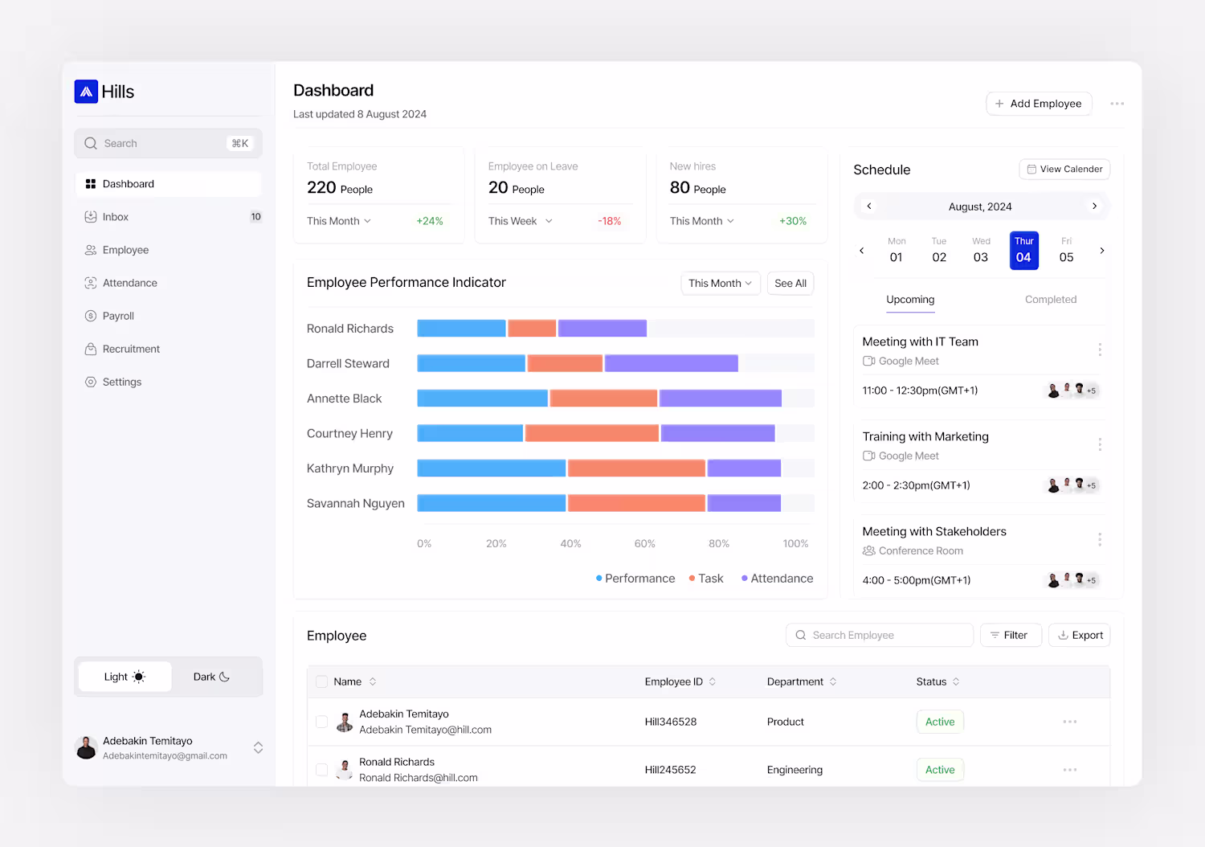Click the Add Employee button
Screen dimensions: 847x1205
[1039, 104]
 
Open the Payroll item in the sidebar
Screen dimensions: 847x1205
[118, 316]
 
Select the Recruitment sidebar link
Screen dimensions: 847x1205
[131, 349]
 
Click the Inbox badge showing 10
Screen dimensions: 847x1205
[255, 217]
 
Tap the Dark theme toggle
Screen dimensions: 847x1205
[211, 677]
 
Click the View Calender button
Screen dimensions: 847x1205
[1064, 169]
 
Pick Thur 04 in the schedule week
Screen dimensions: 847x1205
[1023, 251]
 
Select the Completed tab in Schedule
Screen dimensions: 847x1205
[1050, 300]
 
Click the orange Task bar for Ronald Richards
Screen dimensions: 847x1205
[532, 328]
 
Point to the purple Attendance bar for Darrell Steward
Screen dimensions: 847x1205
[671, 363]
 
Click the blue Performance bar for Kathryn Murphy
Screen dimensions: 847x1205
[491, 468]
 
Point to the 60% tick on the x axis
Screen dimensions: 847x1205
[644, 544]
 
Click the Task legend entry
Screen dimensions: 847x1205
[706, 579]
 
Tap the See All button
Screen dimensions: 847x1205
[790, 284]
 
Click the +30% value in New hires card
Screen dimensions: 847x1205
[792, 221]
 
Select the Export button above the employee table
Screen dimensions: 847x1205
[1080, 635]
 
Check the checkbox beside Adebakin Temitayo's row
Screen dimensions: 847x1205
[321, 722]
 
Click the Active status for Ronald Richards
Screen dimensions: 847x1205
[940, 770]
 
